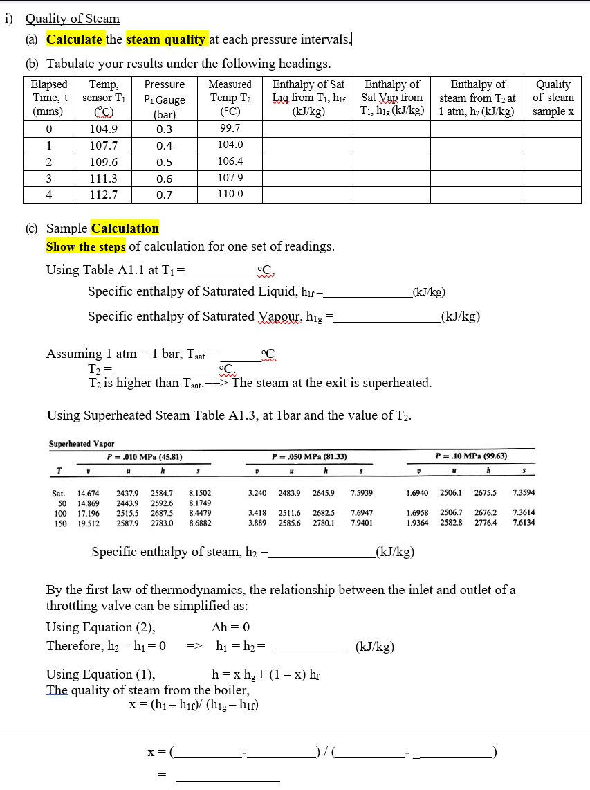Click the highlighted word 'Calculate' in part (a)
click(x=75, y=39)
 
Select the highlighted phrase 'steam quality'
click(x=166, y=39)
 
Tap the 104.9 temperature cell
click(x=104, y=129)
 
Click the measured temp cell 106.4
click(x=230, y=161)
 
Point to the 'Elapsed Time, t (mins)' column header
click(x=50, y=98)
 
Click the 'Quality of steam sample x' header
click(x=553, y=98)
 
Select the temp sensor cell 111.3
click(x=104, y=178)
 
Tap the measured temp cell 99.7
click(x=230, y=128)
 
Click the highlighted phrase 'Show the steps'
click(x=86, y=247)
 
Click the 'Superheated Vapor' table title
click(x=82, y=444)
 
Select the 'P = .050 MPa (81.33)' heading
click(x=310, y=457)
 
